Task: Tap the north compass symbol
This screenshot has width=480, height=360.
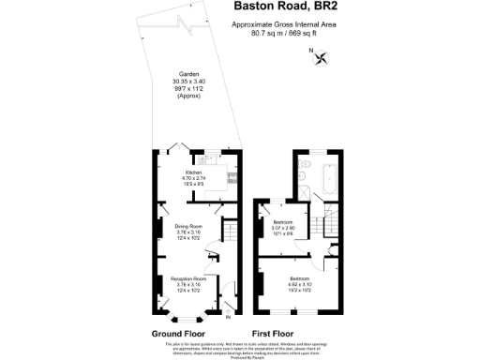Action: click(x=322, y=58)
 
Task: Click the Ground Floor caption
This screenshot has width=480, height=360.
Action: click(x=178, y=333)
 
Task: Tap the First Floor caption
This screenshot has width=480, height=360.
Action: click(x=273, y=333)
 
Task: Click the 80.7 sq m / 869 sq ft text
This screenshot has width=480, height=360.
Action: click(x=284, y=35)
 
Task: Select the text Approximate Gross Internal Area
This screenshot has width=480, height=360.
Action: click(x=284, y=26)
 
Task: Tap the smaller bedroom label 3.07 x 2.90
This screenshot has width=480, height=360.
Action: click(x=284, y=228)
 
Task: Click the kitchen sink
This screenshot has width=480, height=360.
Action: click(x=212, y=160)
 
